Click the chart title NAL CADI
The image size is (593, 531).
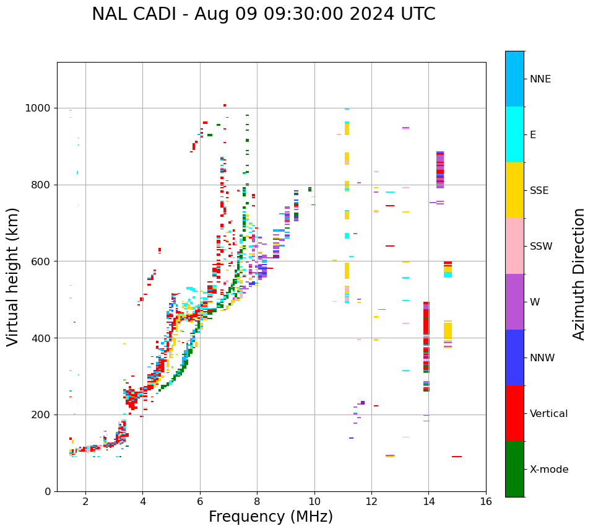click(x=263, y=14)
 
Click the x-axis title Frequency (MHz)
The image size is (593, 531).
click(x=271, y=517)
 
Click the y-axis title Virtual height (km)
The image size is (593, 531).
click(x=13, y=276)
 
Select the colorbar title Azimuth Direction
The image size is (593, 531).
click(x=579, y=273)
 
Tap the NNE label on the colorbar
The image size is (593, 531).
click(x=540, y=79)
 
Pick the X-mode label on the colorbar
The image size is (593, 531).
click(x=548, y=470)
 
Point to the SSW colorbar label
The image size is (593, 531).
click(x=540, y=247)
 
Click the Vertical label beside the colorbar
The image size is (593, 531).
click(x=548, y=414)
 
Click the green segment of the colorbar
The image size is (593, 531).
click(x=514, y=469)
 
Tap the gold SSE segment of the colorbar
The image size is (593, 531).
click(x=514, y=190)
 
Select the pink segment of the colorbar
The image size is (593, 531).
click(x=514, y=246)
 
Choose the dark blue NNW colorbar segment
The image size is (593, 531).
click(x=514, y=358)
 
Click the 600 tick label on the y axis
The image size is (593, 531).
click(x=42, y=261)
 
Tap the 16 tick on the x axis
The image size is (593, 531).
click(x=486, y=501)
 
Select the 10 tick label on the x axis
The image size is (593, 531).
click(x=314, y=501)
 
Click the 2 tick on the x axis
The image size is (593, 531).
click(x=85, y=501)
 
